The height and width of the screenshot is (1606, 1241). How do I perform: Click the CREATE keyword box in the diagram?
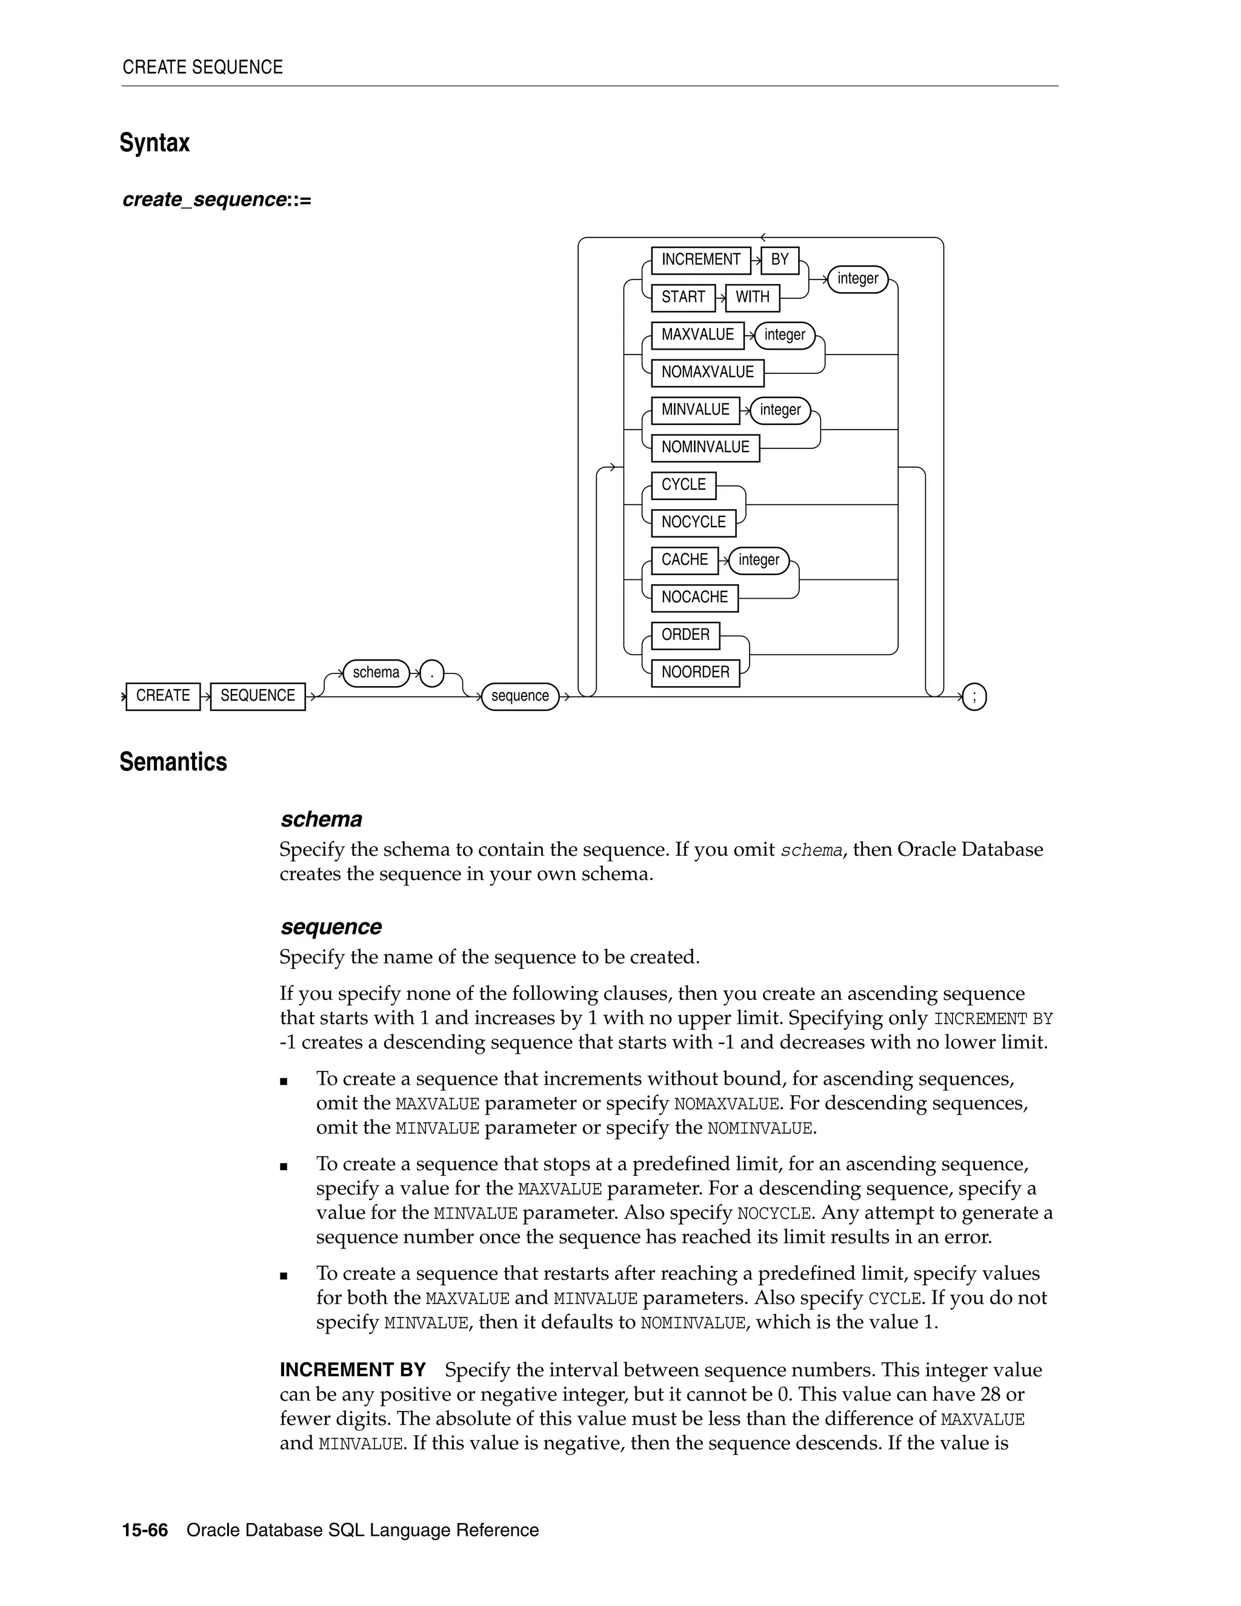[x=162, y=696]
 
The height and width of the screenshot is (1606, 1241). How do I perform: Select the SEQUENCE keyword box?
[x=258, y=696]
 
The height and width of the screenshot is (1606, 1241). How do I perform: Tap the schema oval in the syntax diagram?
[x=376, y=673]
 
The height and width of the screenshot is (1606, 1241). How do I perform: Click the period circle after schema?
[x=431, y=673]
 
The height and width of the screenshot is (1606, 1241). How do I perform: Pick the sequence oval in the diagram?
[x=520, y=696]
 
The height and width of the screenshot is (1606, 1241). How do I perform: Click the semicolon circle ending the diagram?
[x=974, y=696]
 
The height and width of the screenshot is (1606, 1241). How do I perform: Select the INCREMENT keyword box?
[x=700, y=259]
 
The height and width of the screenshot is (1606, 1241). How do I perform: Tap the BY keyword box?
[x=779, y=259]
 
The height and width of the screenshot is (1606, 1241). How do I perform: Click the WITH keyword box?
[x=752, y=297]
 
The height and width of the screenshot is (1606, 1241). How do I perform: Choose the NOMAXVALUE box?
[x=707, y=372]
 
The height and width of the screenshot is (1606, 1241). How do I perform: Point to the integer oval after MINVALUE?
[x=780, y=410]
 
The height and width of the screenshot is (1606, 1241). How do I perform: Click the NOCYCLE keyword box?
[x=693, y=522]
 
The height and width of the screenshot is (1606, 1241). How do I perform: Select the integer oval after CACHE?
[x=759, y=561]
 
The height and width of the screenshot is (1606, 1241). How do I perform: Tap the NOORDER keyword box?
[x=695, y=672]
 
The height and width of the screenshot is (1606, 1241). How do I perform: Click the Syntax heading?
[x=155, y=142]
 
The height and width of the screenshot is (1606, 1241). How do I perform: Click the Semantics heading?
[x=173, y=762]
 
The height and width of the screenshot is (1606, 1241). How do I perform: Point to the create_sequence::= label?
[x=217, y=199]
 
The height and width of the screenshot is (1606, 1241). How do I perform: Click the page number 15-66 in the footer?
[x=145, y=1530]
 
